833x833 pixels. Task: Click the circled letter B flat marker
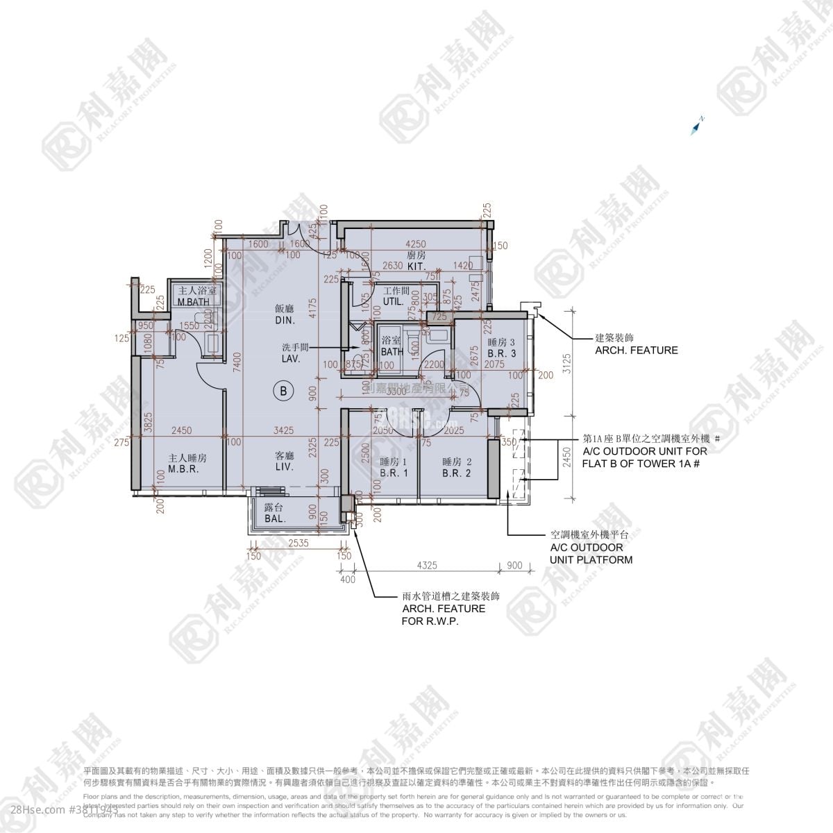[283, 391]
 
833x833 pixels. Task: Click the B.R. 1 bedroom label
[393, 467]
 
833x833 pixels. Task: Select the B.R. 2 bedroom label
[457, 467]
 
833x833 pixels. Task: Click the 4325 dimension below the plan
[427, 566]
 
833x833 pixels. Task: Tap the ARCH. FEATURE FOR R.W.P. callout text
[443, 609]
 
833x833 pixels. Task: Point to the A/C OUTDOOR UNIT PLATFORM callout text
[591, 548]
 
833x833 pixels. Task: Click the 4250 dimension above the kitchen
[415, 244]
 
